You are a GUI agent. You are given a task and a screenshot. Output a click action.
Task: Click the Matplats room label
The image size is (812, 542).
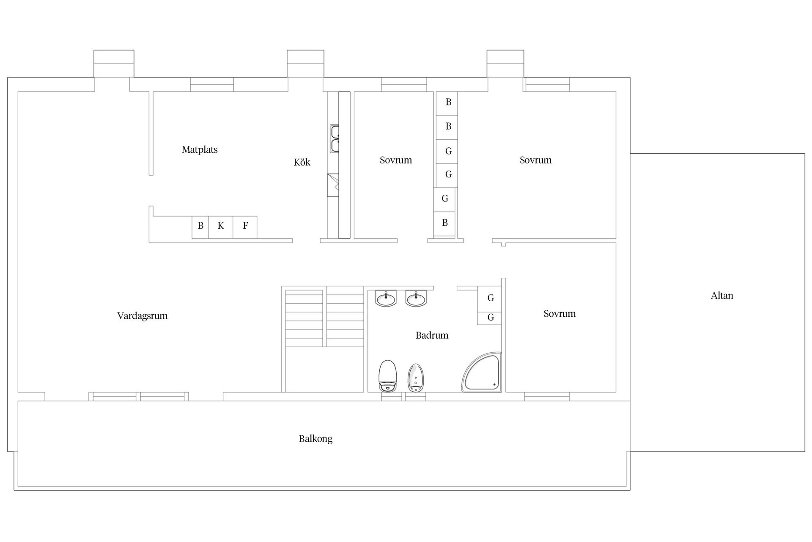click(200, 149)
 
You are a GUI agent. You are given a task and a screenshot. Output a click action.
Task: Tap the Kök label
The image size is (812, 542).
click(302, 162)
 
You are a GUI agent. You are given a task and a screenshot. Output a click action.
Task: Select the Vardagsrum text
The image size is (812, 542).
click(143, 316)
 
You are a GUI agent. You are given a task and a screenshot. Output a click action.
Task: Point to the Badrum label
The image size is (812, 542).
click(432, 335)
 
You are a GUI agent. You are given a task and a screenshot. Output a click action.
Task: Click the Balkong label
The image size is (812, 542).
click(315, 439)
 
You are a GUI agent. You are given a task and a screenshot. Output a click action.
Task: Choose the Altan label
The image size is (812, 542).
click(722, 296)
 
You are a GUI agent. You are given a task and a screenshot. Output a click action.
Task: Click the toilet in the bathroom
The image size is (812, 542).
click(387, 376)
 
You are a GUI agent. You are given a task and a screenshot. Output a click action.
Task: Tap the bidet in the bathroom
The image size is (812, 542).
click(416, 378)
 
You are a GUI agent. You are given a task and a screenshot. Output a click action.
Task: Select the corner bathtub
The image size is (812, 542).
click(482, 372)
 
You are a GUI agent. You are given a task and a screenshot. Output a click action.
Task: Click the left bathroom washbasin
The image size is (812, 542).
click(386, 298)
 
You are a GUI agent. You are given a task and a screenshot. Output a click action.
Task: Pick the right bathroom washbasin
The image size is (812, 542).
click(416, 298)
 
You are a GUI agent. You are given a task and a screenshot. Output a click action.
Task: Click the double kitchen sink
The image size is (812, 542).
click(335, 139)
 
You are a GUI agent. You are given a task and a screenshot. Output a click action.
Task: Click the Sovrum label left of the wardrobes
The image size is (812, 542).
click(396, 160)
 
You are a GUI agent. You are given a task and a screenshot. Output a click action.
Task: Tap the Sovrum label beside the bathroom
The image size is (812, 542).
click(560, 314)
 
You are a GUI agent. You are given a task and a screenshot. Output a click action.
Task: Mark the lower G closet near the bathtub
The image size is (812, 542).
click(490, 318)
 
